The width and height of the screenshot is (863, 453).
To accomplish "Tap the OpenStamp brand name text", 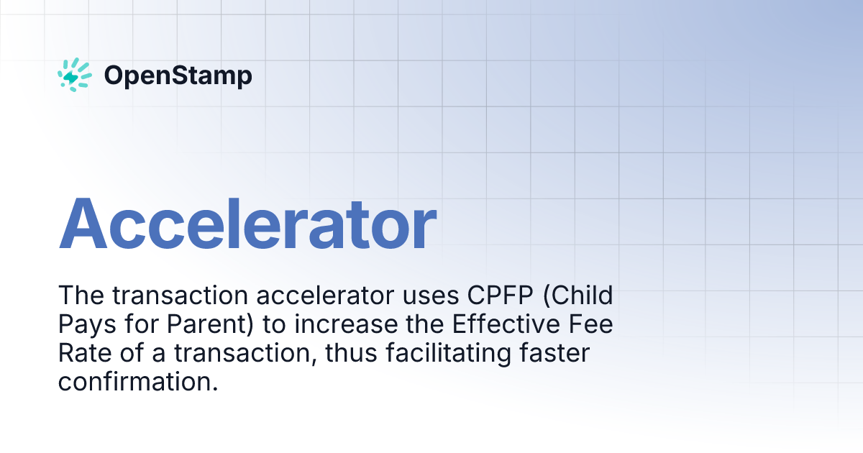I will coord(178,75).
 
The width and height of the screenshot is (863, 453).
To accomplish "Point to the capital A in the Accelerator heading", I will coord(86,222).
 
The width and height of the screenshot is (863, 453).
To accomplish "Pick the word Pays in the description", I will coord(85,325).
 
